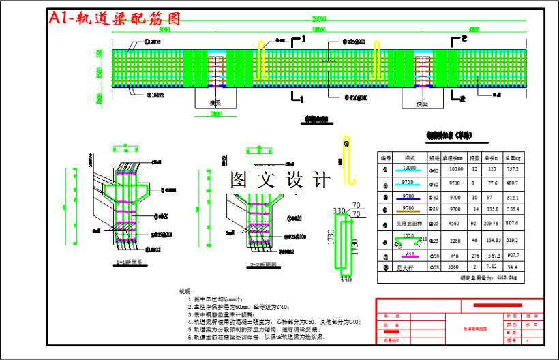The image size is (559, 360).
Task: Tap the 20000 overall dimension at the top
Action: (x=319, y=18)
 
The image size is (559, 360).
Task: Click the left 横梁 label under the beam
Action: (x=215, y=103)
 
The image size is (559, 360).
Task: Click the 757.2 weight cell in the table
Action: (x=513, y=168)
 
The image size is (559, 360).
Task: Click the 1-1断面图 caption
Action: (x=129, y=262)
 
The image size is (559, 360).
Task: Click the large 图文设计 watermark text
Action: (x=279, y=180)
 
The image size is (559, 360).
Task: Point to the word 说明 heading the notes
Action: (x=185, y=291)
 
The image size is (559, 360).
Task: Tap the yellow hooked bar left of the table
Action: (x=349, y=160)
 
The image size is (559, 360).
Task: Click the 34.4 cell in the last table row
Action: (x=513, y=267)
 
